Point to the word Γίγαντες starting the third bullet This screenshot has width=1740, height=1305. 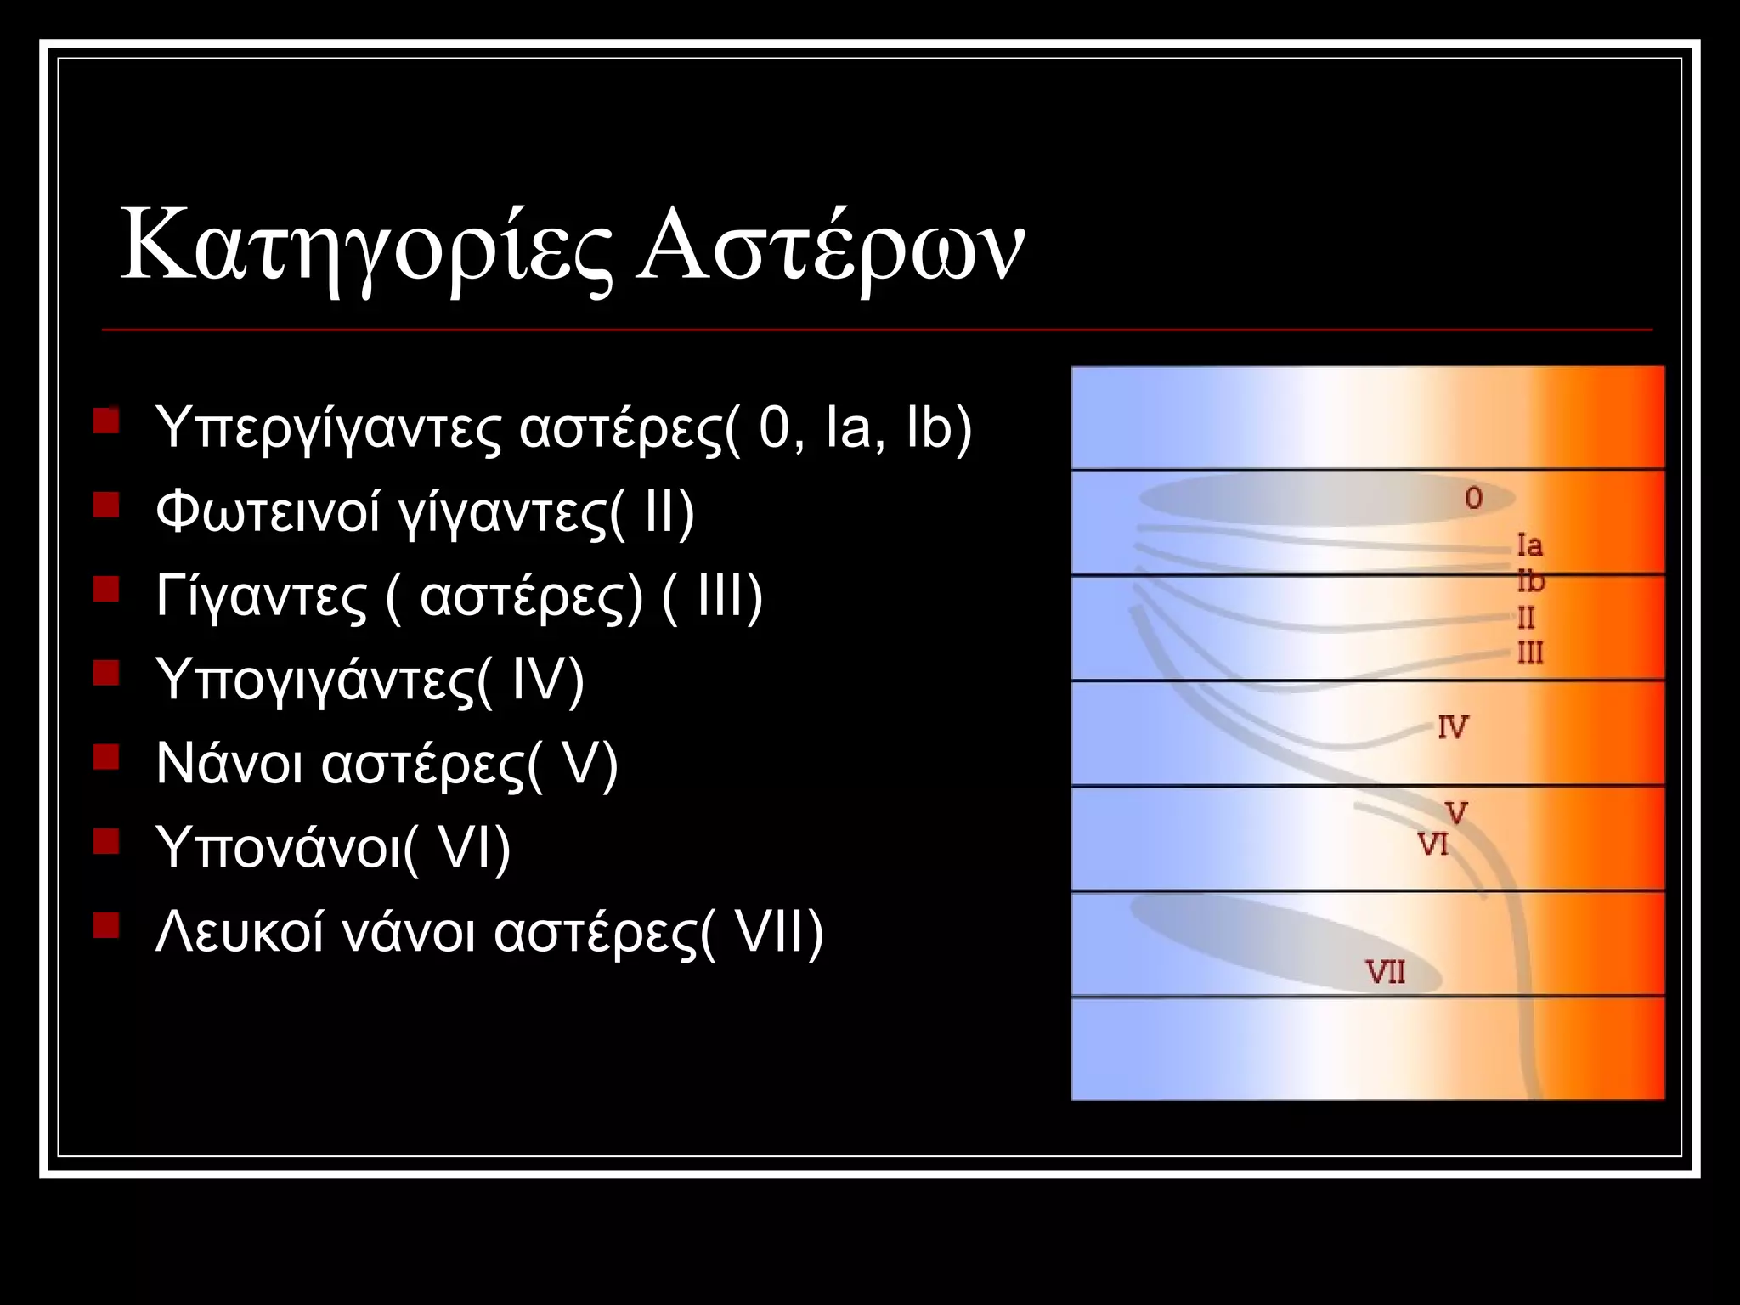point(262,596)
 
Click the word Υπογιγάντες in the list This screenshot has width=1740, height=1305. point(315,681)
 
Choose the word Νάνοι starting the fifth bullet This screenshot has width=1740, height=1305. point(229,763)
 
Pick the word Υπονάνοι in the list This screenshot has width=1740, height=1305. point(278,847)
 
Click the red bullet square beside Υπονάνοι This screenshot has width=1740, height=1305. point(106,841)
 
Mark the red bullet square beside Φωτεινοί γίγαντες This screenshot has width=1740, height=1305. point(106,506)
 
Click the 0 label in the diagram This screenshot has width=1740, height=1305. point(1473,498)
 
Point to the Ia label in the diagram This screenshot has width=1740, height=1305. point(1529,545)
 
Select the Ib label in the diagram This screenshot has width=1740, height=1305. point(1530,581)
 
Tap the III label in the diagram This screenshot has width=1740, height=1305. point(1530,653)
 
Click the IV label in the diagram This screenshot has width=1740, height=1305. point(1453,727)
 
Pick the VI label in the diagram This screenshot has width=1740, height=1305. point(1433,845)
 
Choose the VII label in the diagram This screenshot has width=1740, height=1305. point(1385,971)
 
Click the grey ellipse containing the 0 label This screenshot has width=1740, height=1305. point(1308,500)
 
